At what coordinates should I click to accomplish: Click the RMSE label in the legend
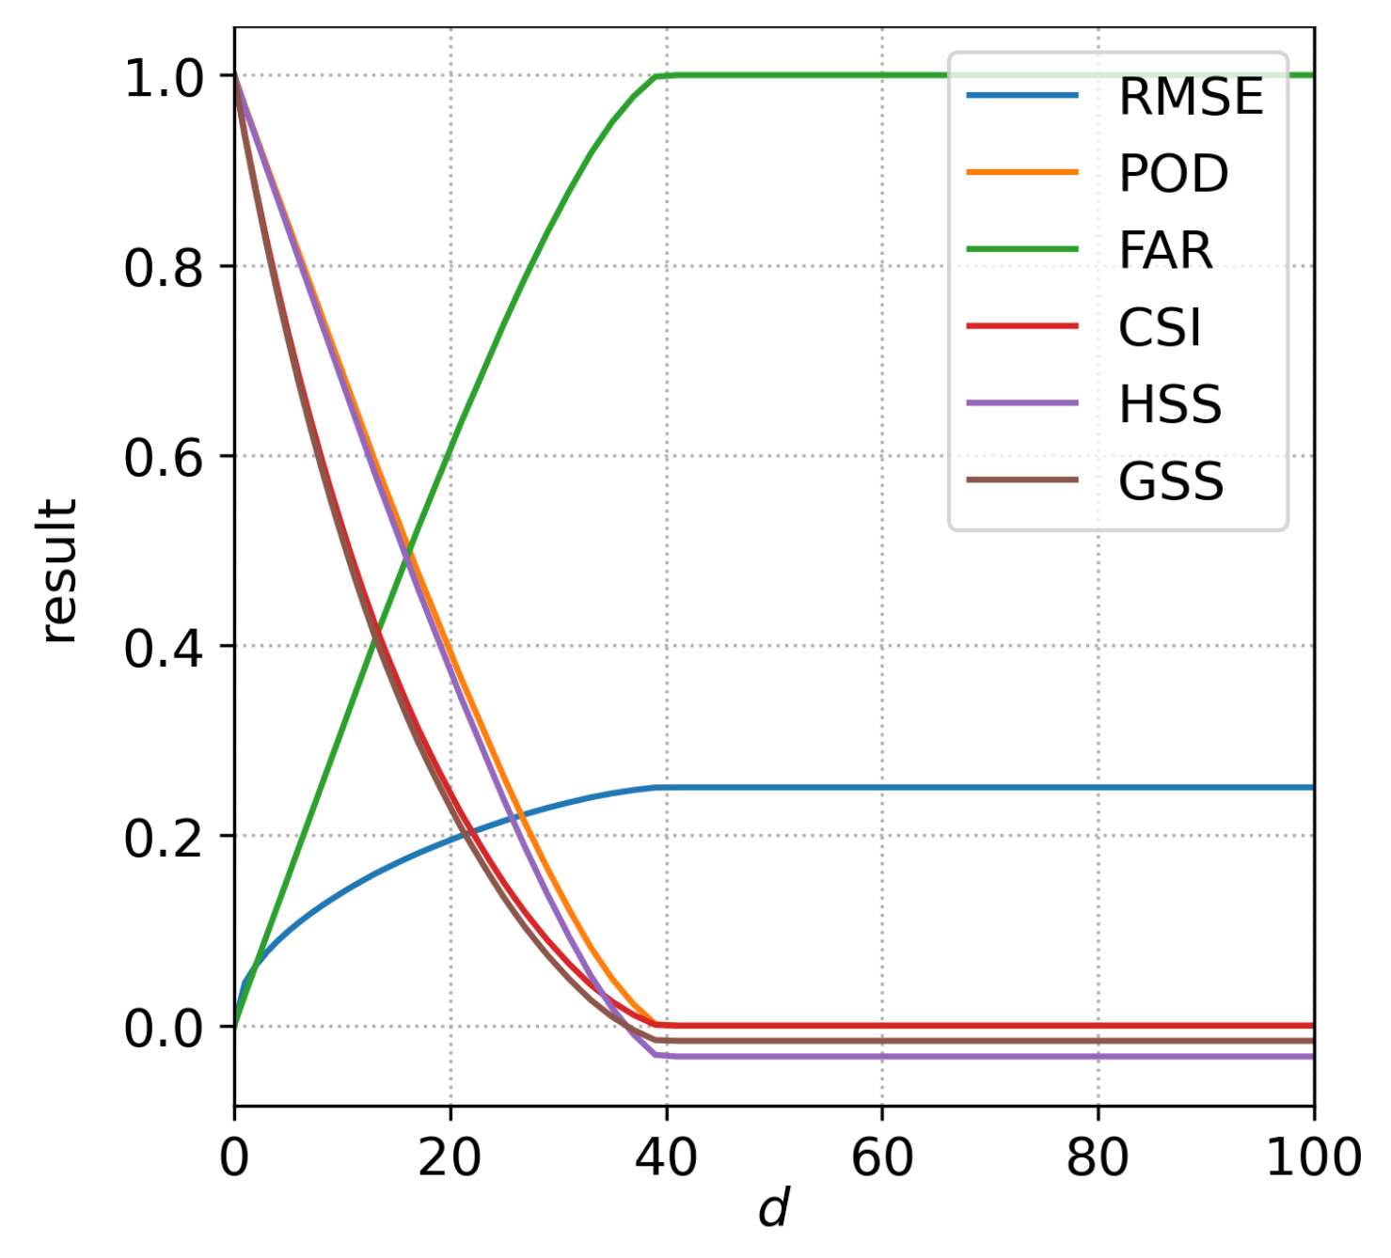(x=1191, y=97)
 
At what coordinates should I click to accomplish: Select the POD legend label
(x=1173, y=174)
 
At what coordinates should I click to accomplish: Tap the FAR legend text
(x=1165, y=251)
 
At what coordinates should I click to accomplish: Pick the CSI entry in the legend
(x=1160, y=328)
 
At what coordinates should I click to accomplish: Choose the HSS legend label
(x=1170, y=405)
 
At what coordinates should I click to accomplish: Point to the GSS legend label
(x=1171, y=482)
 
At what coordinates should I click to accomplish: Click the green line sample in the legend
(x=1022, y=249)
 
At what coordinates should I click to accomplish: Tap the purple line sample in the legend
(x=1022, y=403)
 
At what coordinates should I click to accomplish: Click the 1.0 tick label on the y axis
(x=164, y=79)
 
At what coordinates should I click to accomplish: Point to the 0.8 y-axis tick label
(x=164, y=269)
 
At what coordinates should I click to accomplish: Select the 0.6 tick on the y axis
(x=164, y=459)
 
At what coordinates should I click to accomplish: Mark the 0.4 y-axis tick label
(x=164, y=649)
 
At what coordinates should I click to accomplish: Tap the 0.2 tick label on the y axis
(x=164, y=839)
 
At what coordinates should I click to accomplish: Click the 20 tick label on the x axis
(x=450, y=1157)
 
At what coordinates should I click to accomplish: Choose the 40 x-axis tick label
(x=666, y=1157)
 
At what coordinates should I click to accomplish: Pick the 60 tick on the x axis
(x=881, y=1157)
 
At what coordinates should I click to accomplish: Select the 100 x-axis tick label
(x=1313, y=1157)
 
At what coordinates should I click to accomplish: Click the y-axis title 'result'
(x=58, y=571)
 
